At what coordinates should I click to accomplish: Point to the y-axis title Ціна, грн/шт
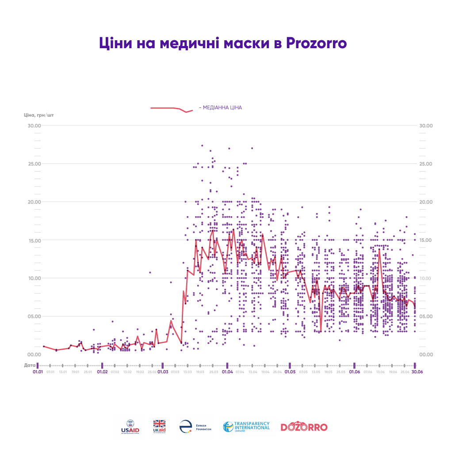[39, 115]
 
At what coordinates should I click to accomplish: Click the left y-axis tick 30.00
[34, 126]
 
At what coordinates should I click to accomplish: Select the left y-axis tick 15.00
[34, 240]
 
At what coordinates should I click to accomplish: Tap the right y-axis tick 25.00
[425, 164]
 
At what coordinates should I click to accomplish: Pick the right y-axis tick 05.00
[425, 316]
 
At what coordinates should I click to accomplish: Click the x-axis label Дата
[29, 365]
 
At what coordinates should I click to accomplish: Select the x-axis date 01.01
[38, 372]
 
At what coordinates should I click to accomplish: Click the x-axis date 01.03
[163, 372]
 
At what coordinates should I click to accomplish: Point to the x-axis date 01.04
[227, 372]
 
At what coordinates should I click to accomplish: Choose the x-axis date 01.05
[290, 372]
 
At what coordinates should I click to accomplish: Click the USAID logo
[130, 427]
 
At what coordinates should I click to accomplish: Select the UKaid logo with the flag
[159, 427]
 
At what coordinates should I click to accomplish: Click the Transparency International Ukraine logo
[246, 427]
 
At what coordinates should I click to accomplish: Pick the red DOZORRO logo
[304, 427]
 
